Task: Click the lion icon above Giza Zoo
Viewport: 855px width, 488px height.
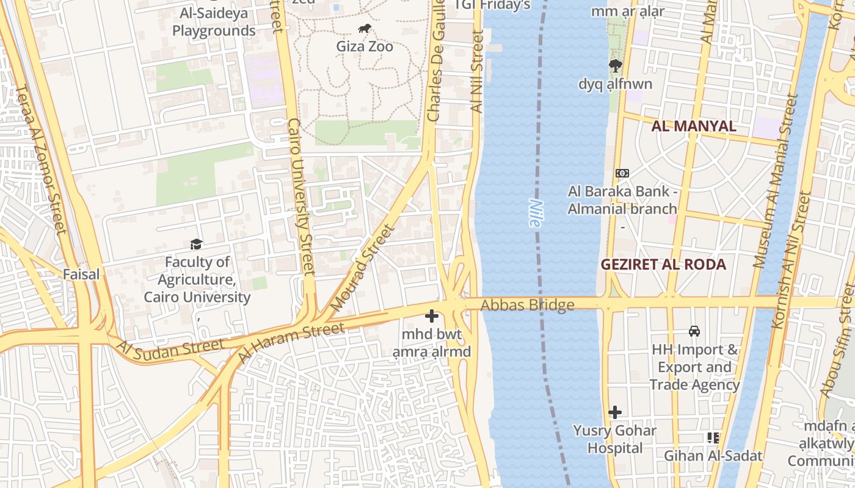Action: (365, 29)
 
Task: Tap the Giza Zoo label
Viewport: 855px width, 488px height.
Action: (365, 46)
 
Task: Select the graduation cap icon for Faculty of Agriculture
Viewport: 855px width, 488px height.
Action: (196, 244)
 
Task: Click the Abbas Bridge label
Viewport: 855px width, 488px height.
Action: (528, 305)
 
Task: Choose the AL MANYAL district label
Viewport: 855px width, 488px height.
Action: (693, 126)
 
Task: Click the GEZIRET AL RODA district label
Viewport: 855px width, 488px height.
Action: (663, 264)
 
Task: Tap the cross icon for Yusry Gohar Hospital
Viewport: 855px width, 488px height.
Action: (615, 412)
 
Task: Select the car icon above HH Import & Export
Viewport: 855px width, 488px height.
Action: (694, 331)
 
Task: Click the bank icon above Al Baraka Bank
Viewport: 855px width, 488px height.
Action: (622, 173)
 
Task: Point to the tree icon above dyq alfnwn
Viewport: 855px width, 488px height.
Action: (615, 66)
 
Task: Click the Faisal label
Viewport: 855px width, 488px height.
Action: (81, 274)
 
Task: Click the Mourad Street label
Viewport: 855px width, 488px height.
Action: (363, 267)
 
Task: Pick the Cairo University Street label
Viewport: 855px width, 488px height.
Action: (301, 195)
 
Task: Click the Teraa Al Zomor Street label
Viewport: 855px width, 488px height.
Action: (40, 160)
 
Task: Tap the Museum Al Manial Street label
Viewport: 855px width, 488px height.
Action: (776, 181)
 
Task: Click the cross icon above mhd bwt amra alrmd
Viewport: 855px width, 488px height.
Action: (432, 316)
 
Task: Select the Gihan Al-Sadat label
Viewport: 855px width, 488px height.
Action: (713, 456)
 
